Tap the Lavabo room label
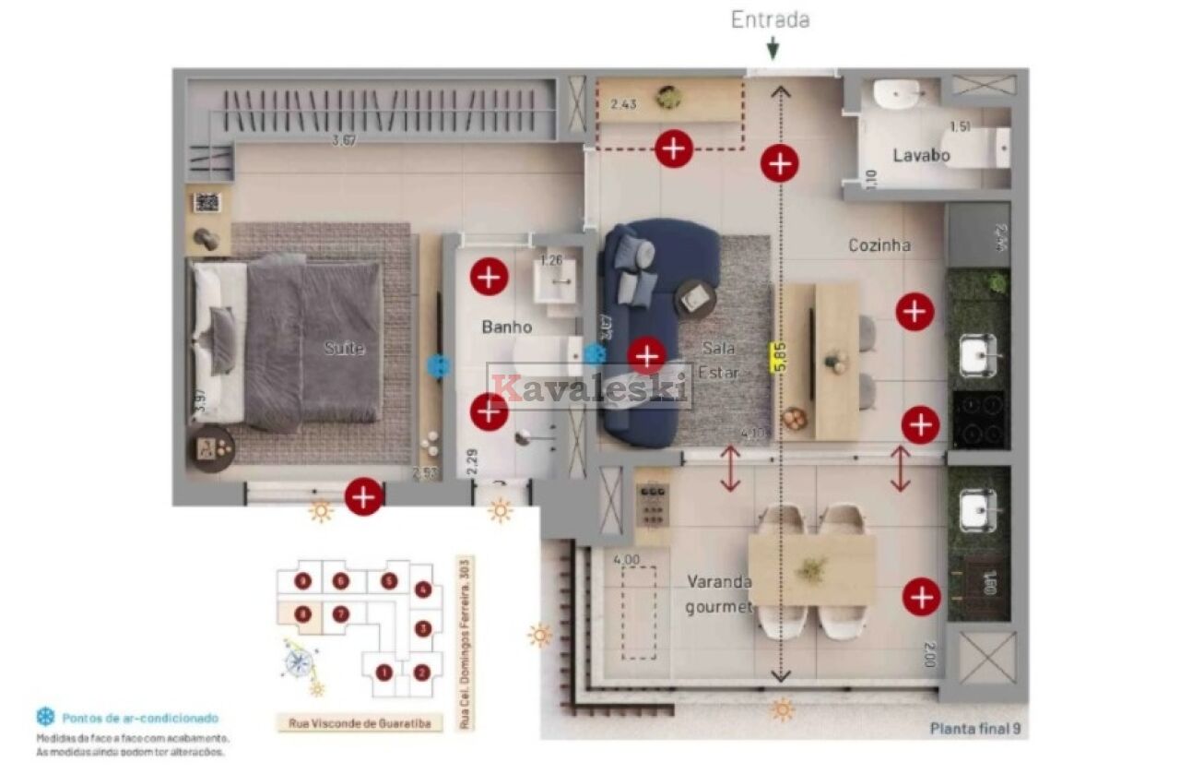(920, 155)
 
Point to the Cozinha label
(879, 245)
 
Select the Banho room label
(506, 327)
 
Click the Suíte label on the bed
(343, 349)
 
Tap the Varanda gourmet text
(719, 594)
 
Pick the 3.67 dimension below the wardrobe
(344, 141)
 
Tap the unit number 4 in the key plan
(422, 589)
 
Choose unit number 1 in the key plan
(383, 673)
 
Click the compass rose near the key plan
(300, 661)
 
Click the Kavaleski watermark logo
(590, 386)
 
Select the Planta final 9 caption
(974, 728)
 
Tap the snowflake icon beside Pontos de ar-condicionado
(45, 717)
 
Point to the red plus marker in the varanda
(921, 597)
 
